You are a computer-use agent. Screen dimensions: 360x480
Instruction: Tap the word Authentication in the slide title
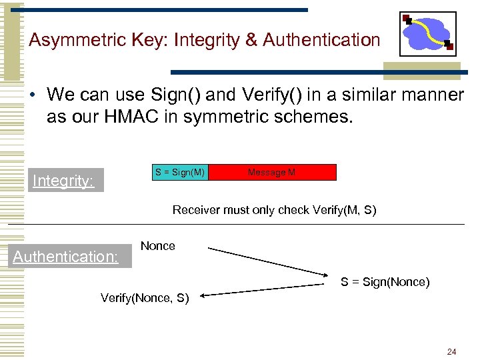click(321, 40)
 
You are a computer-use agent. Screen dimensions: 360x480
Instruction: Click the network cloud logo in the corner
click(428, 34)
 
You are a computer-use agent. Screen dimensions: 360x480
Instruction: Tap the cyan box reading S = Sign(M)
click(181, 173)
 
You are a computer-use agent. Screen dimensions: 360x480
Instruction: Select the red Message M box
click(272, 173)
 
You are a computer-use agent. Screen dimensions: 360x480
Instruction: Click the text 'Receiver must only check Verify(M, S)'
click(274, 210)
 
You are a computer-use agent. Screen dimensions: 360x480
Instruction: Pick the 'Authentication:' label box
click(66, 257)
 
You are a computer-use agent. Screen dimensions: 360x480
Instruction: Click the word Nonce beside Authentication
click(158, 246)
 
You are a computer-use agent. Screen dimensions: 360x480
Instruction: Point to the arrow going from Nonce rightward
click(267, 261)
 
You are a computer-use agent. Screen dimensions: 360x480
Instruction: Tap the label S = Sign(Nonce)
click(385, 282)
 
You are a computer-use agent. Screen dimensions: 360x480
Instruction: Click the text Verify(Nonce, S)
click(145, 298)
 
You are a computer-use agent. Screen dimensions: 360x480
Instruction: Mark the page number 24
click(452, 351)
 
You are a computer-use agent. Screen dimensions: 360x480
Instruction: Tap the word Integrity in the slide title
click(209, 41)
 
